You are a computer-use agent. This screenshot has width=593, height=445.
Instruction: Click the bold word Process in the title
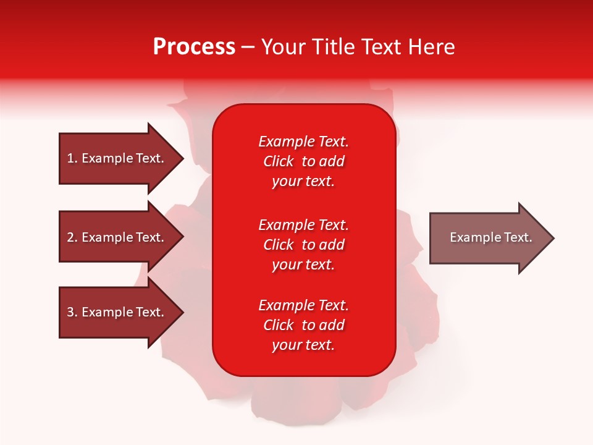click(194, 47)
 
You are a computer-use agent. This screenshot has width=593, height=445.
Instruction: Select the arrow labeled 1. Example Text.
click(115, 158)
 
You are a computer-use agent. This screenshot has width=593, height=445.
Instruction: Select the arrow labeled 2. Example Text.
click(115, 237)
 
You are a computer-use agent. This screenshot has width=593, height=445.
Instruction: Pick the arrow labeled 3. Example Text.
click(115, 312)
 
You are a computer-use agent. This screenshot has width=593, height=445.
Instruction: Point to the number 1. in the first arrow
click(72, 158)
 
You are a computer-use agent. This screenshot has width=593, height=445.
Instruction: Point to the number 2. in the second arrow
click(72, 237)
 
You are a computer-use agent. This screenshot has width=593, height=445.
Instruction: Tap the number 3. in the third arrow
click(72, 312)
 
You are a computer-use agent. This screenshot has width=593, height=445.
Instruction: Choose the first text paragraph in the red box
click(303, 161)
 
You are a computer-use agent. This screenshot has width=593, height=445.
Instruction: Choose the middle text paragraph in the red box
click(303, 245)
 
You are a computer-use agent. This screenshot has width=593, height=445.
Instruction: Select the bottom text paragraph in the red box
click(303, 325)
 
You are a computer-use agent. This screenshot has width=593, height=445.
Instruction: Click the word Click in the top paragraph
click(279, 161)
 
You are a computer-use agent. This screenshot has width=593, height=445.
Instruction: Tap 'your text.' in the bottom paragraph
click(303, 345)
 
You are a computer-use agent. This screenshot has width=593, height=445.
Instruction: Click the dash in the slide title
click(248, 48)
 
